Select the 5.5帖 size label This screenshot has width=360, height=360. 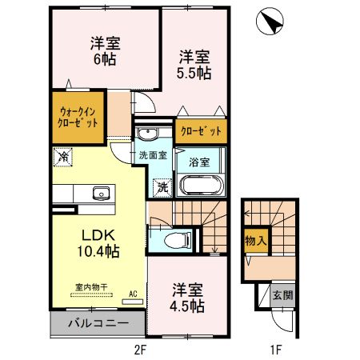tap(193, 73)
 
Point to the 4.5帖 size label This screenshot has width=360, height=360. tap(187, 306)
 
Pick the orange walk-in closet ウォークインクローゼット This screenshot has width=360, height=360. tap(78, 118)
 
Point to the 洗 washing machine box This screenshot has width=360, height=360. tap(162, 187)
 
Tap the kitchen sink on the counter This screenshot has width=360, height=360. tap(100, 194)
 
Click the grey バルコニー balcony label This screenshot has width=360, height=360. tap(98, 324)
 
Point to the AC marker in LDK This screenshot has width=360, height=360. tap(133, 294)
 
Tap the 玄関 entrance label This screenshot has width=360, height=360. tap(282, 295)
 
